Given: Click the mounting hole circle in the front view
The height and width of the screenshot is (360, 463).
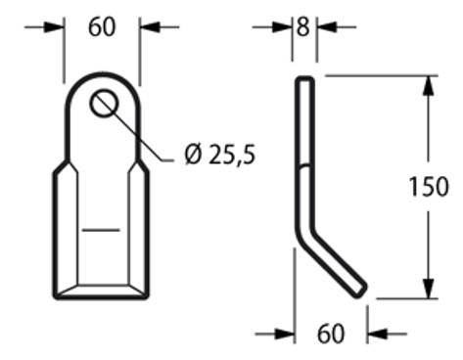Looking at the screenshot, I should pos(103,103).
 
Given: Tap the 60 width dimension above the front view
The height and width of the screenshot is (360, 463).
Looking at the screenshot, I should pos(102,27).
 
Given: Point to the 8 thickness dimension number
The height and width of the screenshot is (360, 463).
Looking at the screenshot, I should pos(302,27).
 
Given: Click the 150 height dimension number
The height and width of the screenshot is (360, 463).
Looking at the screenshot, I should pos(430,186).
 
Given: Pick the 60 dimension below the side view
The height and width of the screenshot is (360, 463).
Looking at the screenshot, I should pos(331,334).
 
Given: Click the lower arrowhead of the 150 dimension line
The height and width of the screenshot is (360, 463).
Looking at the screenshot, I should pos(427,290).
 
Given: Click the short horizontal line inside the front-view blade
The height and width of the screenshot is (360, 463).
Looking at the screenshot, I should pos(102,230).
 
